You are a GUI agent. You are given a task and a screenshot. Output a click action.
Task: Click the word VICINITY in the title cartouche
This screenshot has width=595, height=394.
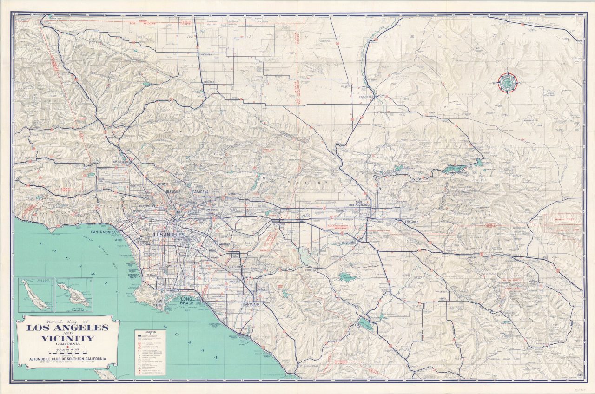click(x=68, y=338)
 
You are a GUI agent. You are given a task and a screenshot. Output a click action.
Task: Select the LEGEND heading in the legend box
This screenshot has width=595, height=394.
click(x=150, y=333)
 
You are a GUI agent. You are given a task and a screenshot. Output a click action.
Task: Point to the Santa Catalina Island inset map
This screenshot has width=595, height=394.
click(x=74, y=295)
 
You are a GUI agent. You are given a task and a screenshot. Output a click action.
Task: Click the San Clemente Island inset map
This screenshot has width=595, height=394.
click(x=36, y=295)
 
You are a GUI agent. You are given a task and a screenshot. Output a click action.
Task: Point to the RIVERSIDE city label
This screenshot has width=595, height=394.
click(x=348, y=243)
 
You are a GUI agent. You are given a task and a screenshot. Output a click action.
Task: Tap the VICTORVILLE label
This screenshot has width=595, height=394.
click(x=366, y=97)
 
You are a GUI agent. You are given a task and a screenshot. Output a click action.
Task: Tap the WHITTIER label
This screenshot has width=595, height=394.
click(x=224, y=244)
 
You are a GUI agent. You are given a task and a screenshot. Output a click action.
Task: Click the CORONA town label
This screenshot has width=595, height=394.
click(x=311, y=270)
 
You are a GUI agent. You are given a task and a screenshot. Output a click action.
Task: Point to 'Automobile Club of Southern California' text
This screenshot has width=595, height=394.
click(x=68, y=358)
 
